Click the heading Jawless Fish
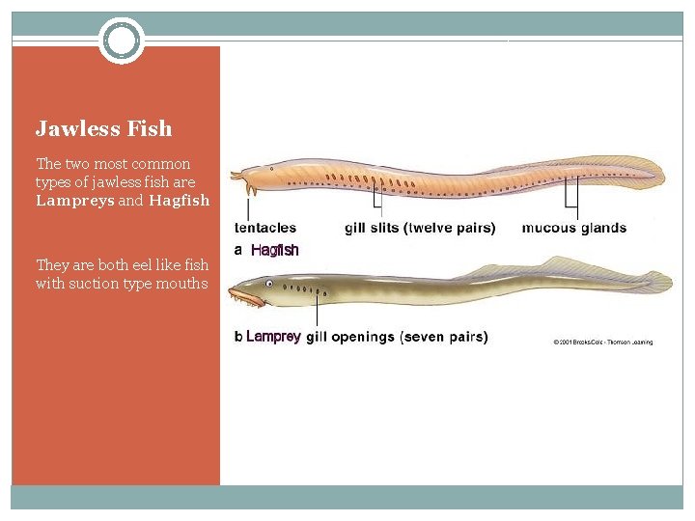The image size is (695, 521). tap(103, 128)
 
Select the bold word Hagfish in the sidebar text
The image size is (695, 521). tap(180, 201)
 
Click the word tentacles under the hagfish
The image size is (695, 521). tap(265, 229)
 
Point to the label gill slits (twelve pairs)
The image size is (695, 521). tap(420, 229)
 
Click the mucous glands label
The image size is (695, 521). tap(573, 229)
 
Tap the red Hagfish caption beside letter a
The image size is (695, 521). tap(275, 250)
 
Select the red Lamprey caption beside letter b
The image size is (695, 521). tap(273, 337)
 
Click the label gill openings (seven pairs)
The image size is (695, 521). tap(397, 337)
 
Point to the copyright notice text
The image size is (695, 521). tap(603, 343)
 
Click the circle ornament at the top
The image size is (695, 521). tap(122, 41)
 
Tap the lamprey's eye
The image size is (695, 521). tap(271, 284)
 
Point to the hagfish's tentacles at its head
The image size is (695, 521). tap(238, 178)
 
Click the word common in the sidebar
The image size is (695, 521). tap(167, 164)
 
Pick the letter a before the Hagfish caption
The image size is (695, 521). tap(238, 250)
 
